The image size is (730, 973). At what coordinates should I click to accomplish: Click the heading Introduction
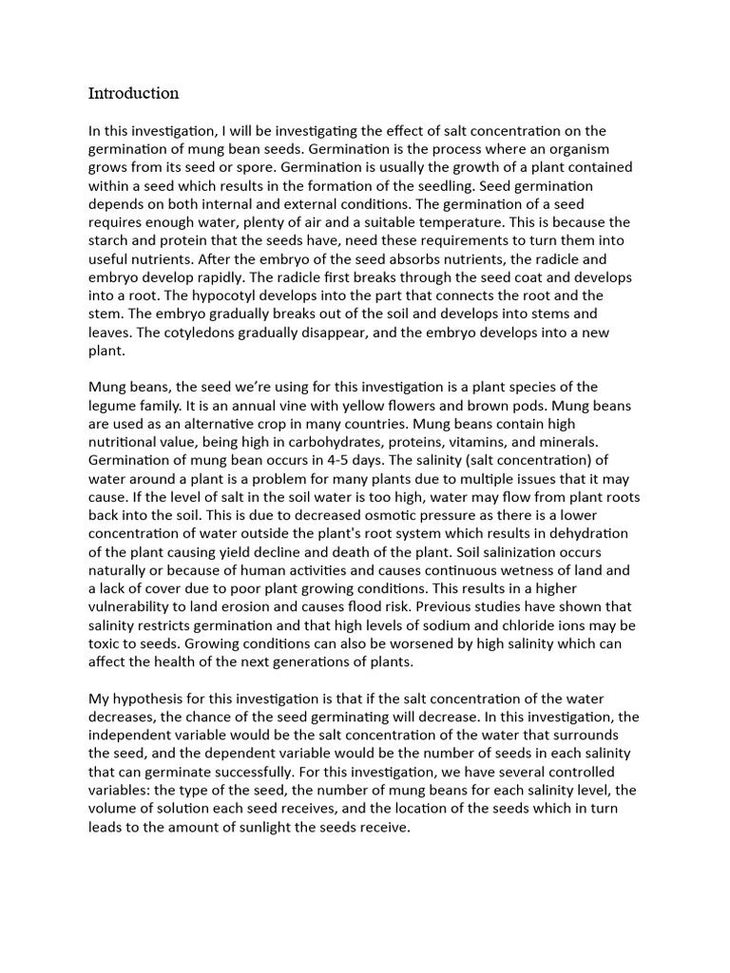tap(133, 93)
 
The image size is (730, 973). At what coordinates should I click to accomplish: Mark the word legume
tap(115, 406)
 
